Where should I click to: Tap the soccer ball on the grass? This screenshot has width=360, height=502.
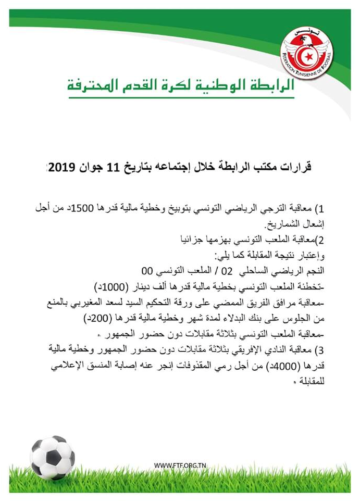pos(52,457)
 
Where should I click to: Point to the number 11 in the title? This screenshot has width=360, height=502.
pos(120,167)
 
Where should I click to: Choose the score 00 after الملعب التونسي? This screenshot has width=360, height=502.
pos(151,271)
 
